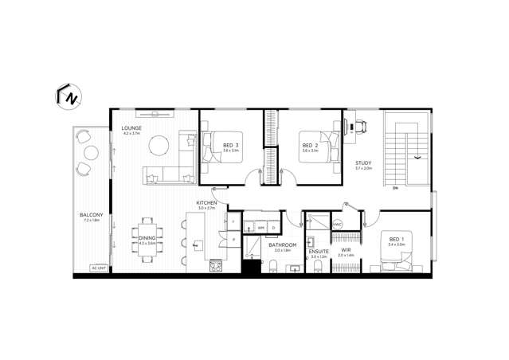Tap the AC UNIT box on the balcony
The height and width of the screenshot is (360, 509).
pos(100,268)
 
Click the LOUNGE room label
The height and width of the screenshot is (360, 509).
pos(131,127)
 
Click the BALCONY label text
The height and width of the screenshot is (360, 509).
pos(89,215)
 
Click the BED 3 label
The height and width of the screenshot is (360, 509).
pos(232,145)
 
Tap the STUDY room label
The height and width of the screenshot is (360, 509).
pos(364,163)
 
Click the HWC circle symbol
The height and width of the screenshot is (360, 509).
pos(337,225)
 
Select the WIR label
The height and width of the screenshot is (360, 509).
pos(346,250)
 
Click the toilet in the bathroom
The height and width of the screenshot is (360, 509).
pos(272,265)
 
